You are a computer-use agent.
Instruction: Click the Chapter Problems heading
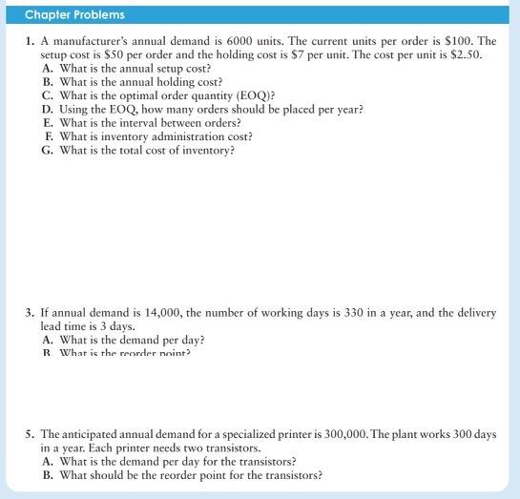(74, 14)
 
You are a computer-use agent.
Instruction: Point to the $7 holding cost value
(297, 55)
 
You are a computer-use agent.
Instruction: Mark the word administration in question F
(168, 135)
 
